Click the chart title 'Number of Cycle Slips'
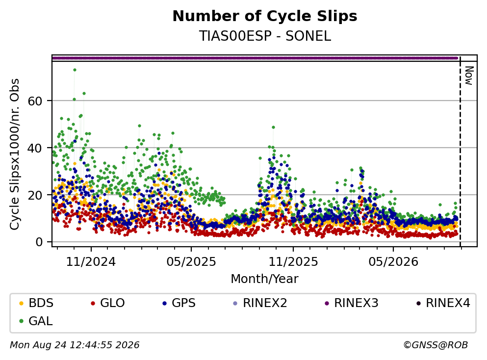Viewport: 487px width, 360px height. [x=265, y=16]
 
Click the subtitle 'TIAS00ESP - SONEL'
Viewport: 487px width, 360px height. [x=265, y=36]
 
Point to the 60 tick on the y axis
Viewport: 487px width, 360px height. [x=35, y=101]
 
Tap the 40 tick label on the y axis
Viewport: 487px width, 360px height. [x=35, y=148]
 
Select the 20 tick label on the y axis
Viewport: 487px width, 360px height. [x=35, y=195]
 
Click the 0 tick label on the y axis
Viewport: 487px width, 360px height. [x=39, y=242]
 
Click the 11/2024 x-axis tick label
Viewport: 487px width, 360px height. [x=91, y=262]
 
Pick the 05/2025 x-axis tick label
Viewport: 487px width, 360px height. [x=191, y=262]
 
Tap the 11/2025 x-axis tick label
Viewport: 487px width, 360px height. [x=293, y=262]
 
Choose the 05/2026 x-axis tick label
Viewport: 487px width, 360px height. [x=393, y=262]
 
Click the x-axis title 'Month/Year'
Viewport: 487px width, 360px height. [x=265, y=279]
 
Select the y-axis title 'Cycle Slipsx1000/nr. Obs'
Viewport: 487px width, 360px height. [x=15, y=154]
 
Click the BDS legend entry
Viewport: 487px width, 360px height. [x=36, y=303]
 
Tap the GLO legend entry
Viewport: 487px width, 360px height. [x=108, y=303]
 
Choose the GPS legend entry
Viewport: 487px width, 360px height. [x=179, y=303]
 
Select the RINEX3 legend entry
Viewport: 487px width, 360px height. [x=352, y=303]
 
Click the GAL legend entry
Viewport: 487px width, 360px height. [x=36, y=321]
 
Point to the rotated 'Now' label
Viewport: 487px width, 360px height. [x=469, y=76]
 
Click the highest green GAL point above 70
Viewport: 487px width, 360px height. [x=75, y=70]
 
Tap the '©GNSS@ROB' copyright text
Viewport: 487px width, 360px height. [x=436, y=345]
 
